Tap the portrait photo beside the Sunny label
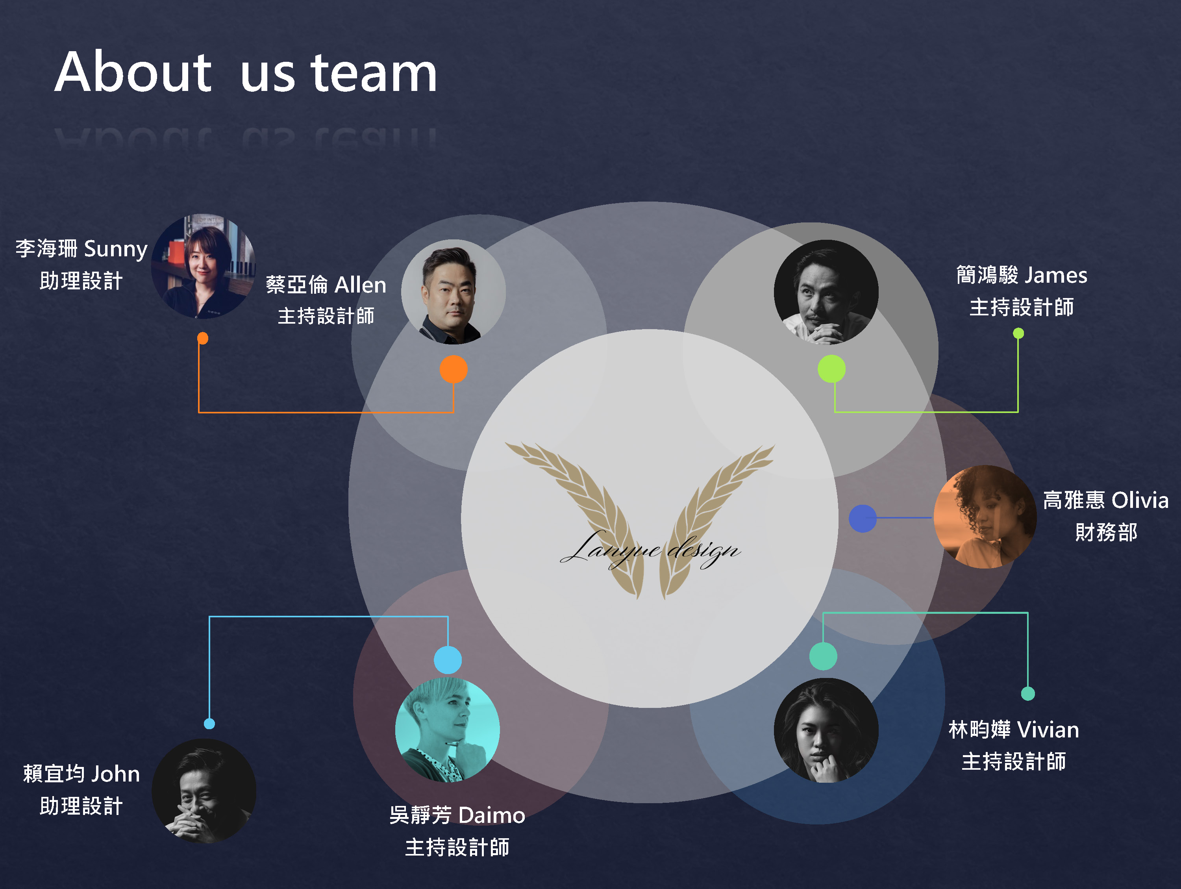pyautogui.click(x=204, y=267)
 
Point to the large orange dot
pyautogui.click(x=453, y=369)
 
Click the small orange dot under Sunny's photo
pyautogui.click(x=202, y=338)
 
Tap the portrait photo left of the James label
pyautogui.click(x=826, y=292)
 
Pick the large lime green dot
pyautogui.click(x=831, y=369)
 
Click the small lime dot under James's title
pyautogui.click(x=1018, y=333)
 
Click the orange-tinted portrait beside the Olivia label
pyautogui.click(x=985, y=516)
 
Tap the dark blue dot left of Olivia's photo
pyautogui.click(x=862, y=518)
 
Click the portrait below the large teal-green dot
pyautogui.click(x=826, y=730)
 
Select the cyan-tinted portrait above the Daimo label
pyautogui.click(x=448, y=730)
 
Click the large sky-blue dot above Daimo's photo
pyautogui.click(x=448, y=660)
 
